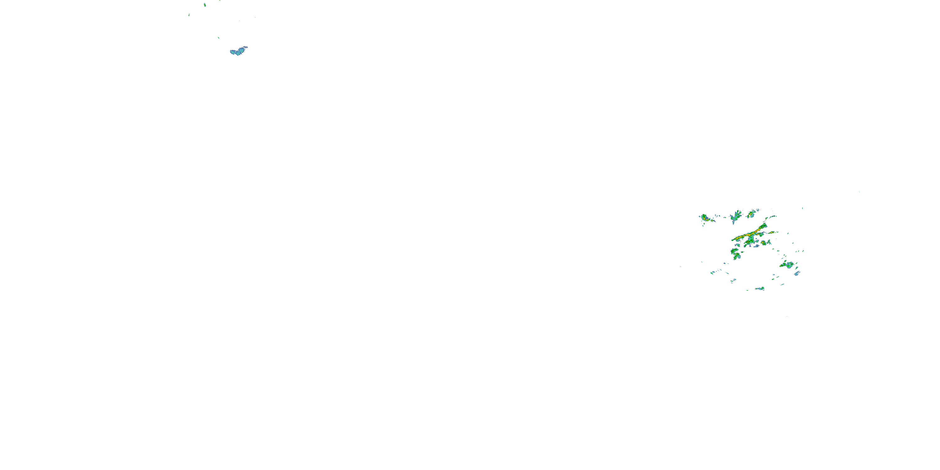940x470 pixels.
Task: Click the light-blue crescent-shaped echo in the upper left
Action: [x=238, y=51]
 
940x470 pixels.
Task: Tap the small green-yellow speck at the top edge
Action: [x=205, y=5]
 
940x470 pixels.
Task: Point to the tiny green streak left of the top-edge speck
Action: [x=189, y=15]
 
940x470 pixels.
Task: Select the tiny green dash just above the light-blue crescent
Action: [x=219, y=38]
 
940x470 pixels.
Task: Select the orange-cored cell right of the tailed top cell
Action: [x=752, y=213]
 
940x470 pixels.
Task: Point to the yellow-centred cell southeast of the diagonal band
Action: [x=763, y=243]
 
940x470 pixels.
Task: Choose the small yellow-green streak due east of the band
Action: [x=772, y=232]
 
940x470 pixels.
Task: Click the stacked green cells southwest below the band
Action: [x=735, y=253]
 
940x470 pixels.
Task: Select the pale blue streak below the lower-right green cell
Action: [x=797, y=273]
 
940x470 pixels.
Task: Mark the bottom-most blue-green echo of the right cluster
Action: [x=760, y=289]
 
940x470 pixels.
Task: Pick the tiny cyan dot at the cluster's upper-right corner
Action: [x=802, y=208]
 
